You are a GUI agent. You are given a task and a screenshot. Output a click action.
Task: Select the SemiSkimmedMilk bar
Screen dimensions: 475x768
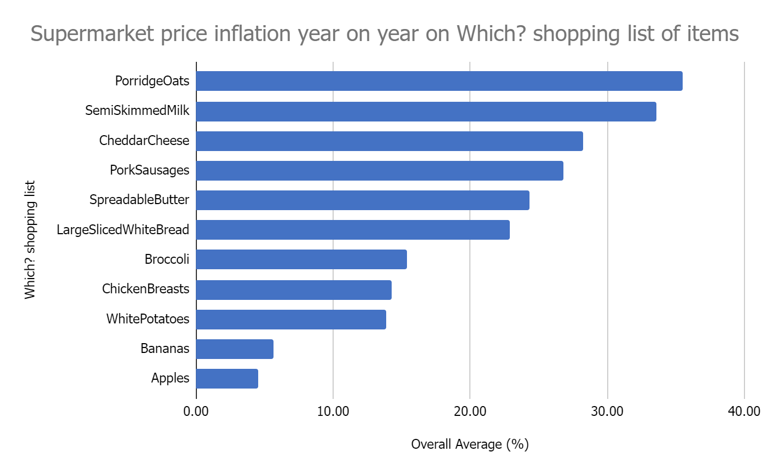point(426,111)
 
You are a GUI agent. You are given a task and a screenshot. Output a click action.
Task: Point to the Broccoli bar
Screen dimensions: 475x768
point(301,259)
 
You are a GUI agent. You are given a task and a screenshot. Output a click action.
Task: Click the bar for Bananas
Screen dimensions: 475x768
point(235,349)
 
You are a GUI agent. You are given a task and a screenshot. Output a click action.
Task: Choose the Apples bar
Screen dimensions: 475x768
point(227,378)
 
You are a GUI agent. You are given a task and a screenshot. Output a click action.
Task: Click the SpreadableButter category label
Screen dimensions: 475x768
point(139,200)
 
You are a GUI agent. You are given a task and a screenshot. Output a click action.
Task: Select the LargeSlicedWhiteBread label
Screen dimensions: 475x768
point(123,230)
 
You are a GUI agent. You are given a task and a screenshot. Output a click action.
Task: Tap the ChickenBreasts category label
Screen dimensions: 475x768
point(146,289)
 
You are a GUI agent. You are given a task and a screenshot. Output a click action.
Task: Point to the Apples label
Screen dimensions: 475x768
point(170,378)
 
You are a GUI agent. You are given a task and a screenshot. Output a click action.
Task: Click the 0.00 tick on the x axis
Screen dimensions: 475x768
point(196,411)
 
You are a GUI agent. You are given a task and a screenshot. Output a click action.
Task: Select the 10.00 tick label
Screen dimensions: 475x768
point(333,411)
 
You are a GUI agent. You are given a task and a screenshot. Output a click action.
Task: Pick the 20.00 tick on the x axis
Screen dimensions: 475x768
point(470,411)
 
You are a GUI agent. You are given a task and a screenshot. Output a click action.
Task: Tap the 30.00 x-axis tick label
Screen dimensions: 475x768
point(607,411)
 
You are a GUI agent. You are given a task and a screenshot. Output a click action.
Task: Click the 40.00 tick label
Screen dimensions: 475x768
point(744,411)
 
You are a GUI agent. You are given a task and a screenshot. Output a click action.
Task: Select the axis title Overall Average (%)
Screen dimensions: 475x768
point(470,444)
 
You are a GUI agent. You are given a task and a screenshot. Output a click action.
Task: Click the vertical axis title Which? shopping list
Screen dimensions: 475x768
point(30,240)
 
